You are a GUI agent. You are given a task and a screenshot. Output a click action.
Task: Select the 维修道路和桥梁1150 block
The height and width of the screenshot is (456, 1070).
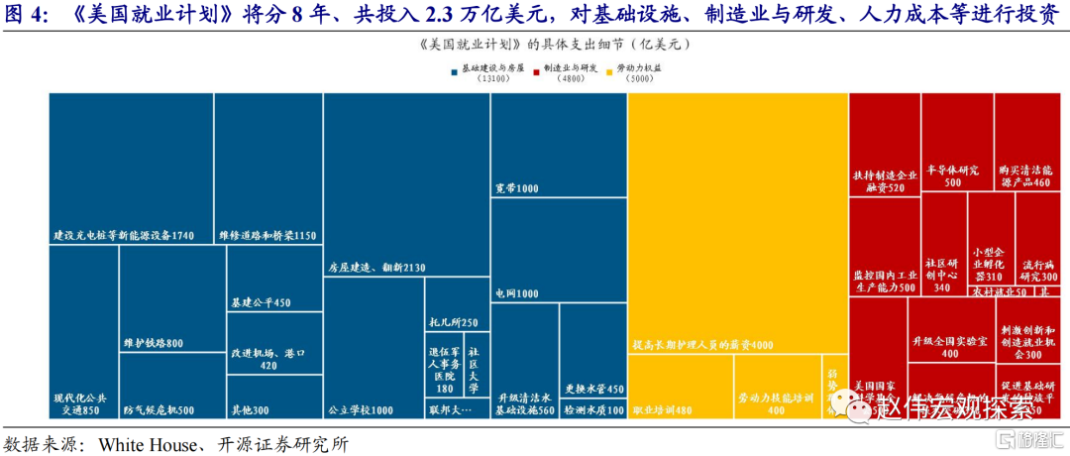(x=267, y=169)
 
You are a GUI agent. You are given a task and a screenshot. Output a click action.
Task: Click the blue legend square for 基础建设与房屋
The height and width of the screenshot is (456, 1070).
(x=453, y=69)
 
